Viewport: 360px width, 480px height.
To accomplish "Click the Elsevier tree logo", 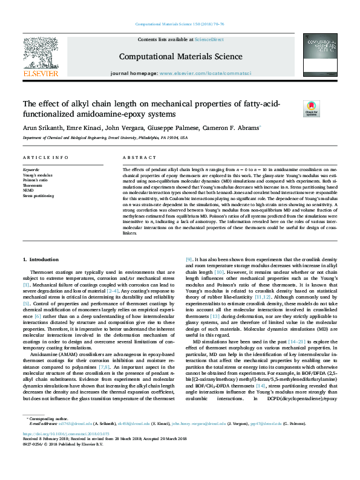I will click(x=41, y=57).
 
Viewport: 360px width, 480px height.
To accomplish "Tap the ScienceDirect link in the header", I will click(x=210, y=39).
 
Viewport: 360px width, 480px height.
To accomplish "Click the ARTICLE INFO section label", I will click(x=45, y=157).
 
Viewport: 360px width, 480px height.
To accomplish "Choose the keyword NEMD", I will click(x=29, y=191).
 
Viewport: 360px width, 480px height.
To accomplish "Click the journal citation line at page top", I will click(x=180, y=25).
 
